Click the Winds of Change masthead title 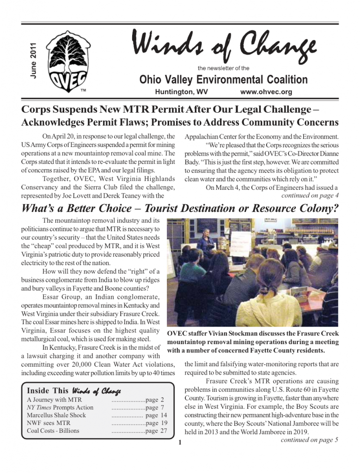click(x=224, y=48)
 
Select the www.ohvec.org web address click(x=266, y=92)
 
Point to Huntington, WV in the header click(x=181, y=92)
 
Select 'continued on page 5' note click(x=309, y=440)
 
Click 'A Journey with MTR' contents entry click(x=54, y=400)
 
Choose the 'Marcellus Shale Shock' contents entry click(x=56, y=415)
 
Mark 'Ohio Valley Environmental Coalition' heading click(x=223, y=79)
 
